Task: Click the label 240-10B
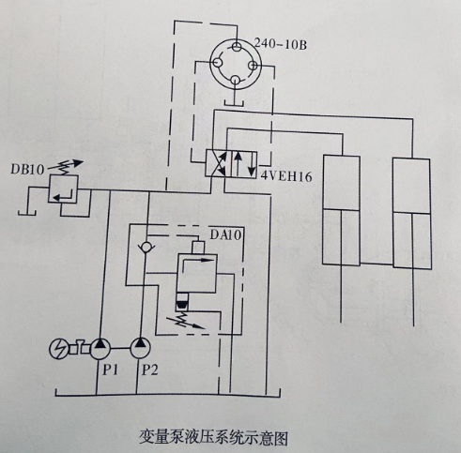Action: click(281, 43)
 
